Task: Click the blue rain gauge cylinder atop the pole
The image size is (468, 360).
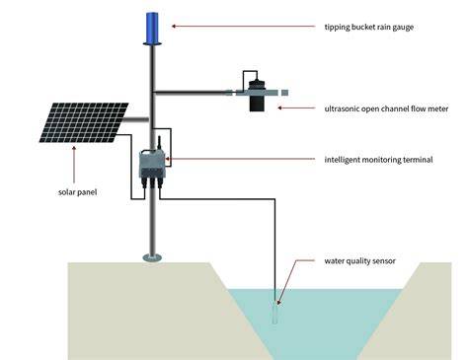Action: point(152,29)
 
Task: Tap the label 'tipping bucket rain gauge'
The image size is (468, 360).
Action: point(369,27)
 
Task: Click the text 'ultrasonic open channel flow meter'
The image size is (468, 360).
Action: point(386,108)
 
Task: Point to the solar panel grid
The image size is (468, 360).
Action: point(84,122)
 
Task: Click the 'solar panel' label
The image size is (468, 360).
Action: point(78,192)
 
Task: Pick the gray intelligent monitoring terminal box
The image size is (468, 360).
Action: point(153,164)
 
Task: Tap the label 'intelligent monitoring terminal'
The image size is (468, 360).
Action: point(378,160)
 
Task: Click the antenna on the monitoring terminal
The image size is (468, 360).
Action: point(159,142)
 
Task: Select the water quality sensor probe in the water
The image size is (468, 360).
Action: point(275,313)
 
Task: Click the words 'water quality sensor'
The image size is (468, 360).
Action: point(360,261)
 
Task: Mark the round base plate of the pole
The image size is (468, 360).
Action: point(152,257)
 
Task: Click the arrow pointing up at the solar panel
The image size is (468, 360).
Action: point(74,165)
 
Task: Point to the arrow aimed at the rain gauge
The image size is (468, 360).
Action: point(244,27)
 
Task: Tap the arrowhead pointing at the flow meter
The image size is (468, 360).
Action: point(280,108)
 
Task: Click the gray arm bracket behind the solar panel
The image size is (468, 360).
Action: point(136,119)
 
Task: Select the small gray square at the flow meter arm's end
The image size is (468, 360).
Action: point(284,93)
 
